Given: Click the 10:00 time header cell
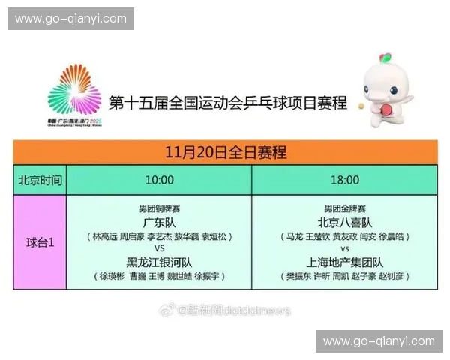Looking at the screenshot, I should click(159, 180).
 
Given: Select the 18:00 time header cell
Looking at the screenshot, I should click(345, 180).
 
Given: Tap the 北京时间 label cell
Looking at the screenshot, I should click(40, 181).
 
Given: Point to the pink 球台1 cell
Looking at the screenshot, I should click(40, 242).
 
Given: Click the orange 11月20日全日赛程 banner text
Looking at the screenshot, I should click(225, 153).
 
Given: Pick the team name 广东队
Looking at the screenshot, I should click(159, 223).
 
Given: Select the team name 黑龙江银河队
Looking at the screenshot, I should click(159, 261).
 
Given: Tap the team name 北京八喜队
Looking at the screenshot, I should click(345, 223).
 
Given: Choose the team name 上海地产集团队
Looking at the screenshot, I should click(345, 262).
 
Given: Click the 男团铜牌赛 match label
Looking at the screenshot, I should click(159, 208).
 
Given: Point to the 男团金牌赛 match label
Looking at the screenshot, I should click(345, 208).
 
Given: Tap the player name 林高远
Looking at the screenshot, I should click(105, 235).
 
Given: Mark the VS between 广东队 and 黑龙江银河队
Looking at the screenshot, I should click(159, 248).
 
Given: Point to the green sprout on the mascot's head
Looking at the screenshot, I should click(385, 58).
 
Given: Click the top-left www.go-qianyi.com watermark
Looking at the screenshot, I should click(71, 18).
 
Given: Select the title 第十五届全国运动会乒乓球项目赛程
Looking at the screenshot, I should click(228, 102).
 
